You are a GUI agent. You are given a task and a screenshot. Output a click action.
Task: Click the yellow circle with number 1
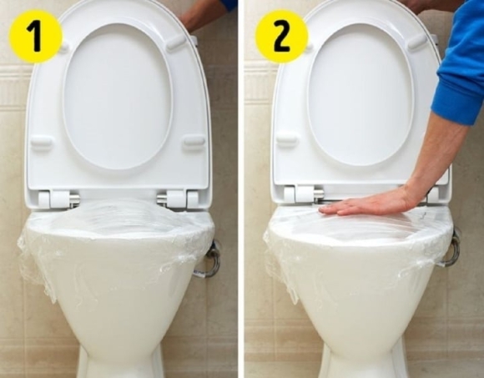pyautogui.click(x=35, y=36)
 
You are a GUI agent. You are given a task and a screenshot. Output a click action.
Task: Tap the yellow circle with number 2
pyautogui.click(x=281, y=36)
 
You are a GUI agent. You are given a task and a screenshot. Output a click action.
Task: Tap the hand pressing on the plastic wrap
pyautogui.click(x=367, y=201)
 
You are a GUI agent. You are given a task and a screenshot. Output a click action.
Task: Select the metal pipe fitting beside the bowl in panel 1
pyautogui.click(x=209, y=260)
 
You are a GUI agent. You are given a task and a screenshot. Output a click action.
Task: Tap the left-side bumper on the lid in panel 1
pyautogui.click(x=42, y=143)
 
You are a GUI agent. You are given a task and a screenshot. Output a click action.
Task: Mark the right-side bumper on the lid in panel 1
pyautogui.click(x=193, y=141)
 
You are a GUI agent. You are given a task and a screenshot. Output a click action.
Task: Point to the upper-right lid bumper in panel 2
pyautogui.click(x=417, y=42)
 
